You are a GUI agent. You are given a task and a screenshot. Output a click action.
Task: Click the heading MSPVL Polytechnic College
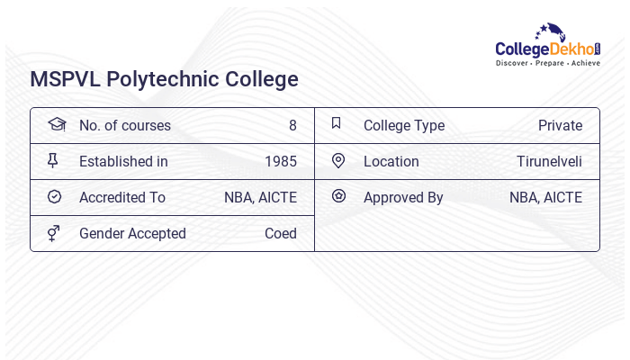click(164, 79)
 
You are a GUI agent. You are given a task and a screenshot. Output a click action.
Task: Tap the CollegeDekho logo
click(548, 46)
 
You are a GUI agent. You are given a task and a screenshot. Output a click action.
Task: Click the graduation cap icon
click(55, 125)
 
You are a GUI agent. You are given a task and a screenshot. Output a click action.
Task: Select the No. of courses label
click(124, 125)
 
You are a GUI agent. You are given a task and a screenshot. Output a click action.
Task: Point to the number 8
click(292, 125)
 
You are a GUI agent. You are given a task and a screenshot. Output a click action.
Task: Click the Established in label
click(123, 161)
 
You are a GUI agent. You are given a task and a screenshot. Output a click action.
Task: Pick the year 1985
click(281, 161)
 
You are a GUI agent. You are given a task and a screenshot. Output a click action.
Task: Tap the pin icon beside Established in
click(53, 161)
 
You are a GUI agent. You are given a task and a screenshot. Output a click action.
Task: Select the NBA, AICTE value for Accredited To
click(260, 197)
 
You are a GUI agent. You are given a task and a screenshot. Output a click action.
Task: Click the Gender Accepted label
click(132, 233)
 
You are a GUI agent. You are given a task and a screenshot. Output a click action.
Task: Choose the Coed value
click(281, 233)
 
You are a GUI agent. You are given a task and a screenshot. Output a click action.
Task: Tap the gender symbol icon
click(53, 233)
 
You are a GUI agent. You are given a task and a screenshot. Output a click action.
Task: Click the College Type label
click(404, 125)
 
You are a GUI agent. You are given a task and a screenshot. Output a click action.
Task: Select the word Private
click(560, 125)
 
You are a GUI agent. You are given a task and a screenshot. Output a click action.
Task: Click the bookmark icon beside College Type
click(337, 124)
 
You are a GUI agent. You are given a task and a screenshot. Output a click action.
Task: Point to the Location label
click(391, 161)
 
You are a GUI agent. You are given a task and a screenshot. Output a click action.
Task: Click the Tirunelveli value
click(549, 161)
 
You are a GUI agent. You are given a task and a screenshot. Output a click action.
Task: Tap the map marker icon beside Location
click(337, 161)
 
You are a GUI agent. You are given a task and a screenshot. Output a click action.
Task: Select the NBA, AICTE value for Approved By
click(545, 197)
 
